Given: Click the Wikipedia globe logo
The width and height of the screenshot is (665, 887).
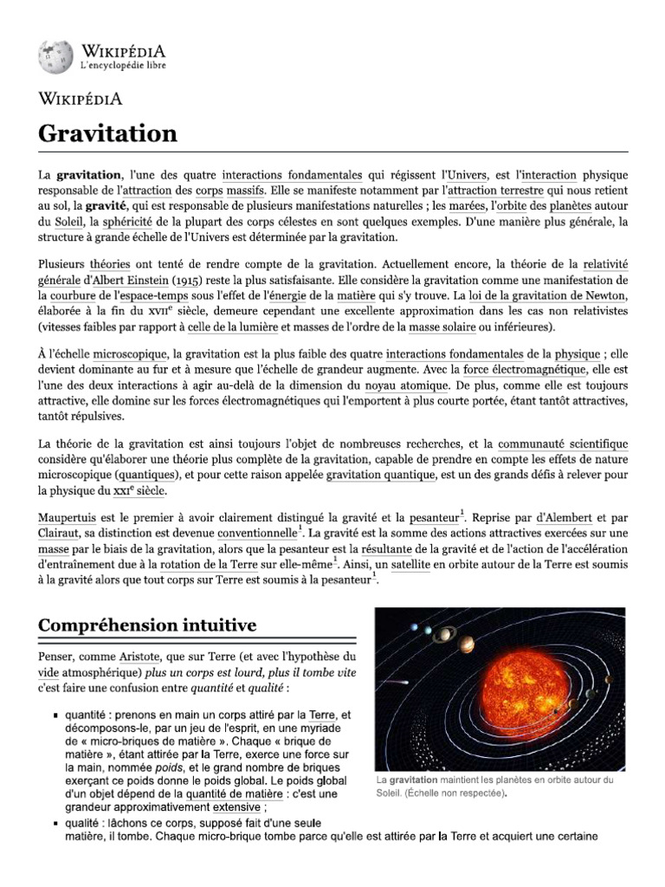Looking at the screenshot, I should click(55, 57).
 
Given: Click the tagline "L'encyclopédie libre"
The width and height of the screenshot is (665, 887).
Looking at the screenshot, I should click(124, 66).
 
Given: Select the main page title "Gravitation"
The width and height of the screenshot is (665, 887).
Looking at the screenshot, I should click(107, 133).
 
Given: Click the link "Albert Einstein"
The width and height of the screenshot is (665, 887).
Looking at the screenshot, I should click(127, 282).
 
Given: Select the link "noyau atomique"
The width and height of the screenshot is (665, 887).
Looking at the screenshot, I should click(407, 385).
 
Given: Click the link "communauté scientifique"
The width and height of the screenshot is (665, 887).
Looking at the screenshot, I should click(563, 443).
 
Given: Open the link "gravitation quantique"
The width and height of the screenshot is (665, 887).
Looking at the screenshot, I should click(380, 475).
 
